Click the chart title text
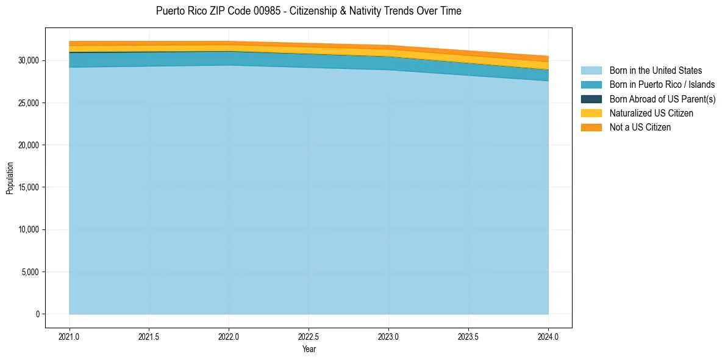point(309,11)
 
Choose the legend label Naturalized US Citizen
point(651,113)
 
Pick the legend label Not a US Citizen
point(640,128)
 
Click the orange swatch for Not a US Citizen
point(591,128)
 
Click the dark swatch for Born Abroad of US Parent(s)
point(591,99)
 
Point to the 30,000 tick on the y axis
point(29,60)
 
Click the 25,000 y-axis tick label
point(29,103)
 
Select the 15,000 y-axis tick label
point(29,187)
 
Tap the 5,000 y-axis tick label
point(30,272)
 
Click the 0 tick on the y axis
point(37,314)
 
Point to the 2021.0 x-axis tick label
point(69,336)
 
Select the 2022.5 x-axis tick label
point(309,336)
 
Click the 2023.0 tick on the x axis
point(388,336)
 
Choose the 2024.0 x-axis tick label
point(548,336)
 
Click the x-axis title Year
point(309,350)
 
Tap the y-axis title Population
point(10,178)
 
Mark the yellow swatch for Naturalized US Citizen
point(591,113)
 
